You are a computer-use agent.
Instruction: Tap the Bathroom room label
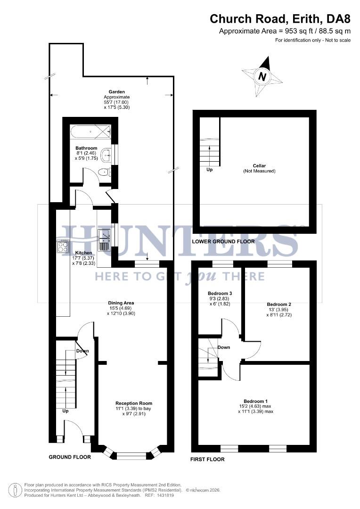click(86, 148)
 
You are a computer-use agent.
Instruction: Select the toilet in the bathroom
click(105, 173)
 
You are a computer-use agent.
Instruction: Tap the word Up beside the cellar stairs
click(209, 170)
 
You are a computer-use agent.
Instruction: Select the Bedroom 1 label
click(255, 401)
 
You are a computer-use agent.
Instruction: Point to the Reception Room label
click(134, 403)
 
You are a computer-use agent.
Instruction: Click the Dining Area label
click(122, 303)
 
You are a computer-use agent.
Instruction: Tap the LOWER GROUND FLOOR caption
click(223, 242)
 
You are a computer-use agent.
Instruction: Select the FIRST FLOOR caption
click(207, 459)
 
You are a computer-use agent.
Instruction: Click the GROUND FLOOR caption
click(70, 457)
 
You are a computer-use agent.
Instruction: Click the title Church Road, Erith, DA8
click(280, 19)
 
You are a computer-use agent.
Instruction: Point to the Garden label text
click(116, 92)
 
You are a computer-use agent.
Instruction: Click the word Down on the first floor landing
click(224, 347)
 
